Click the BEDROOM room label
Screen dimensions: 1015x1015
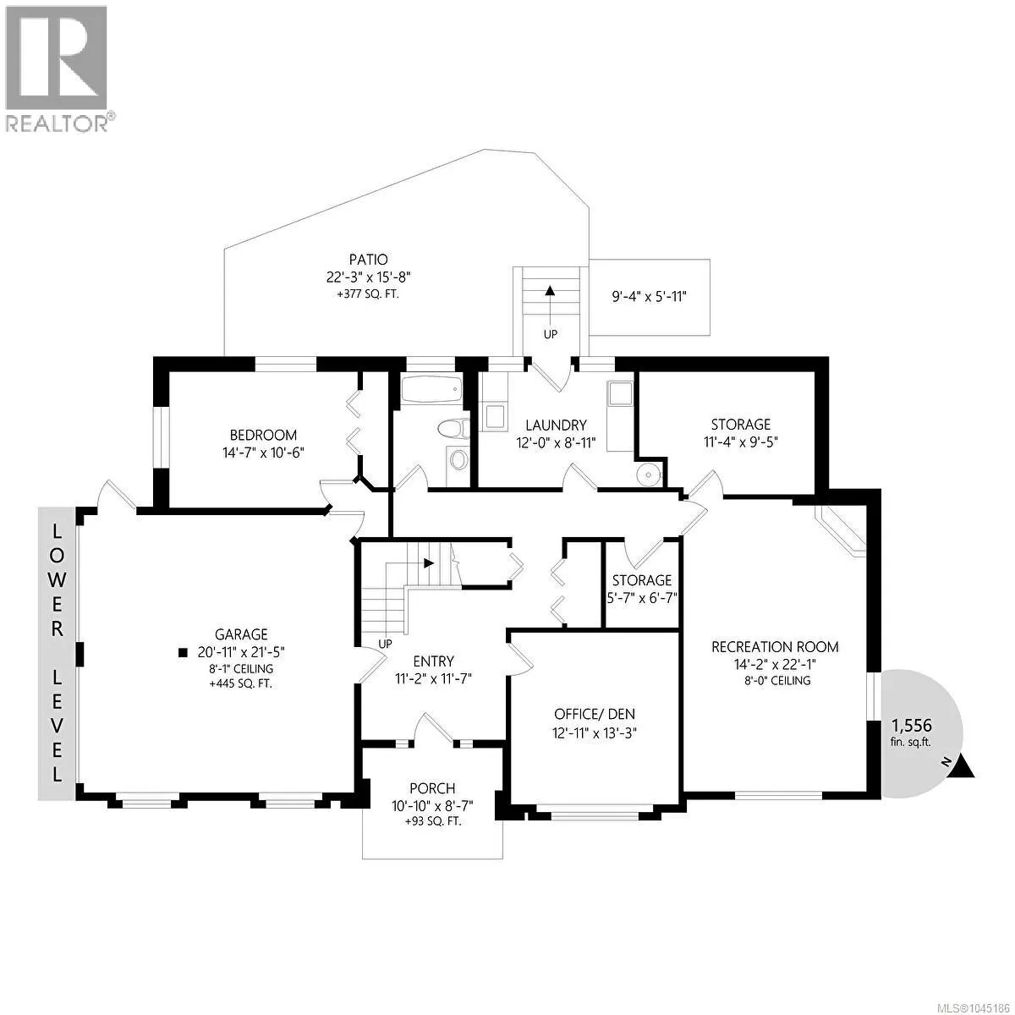pos(263,435)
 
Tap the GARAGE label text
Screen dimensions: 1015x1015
pos(241,634)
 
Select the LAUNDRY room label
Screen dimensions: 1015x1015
pos(556,425)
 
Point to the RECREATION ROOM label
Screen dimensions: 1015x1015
pos(775,646)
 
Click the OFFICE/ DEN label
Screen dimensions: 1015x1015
pos(594,714)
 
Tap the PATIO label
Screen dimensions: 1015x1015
pos(368,259)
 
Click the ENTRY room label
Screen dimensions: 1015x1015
pos(433,661)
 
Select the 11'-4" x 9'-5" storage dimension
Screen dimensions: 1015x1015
pos(741,442)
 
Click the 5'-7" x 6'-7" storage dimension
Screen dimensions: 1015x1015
pos(641,598)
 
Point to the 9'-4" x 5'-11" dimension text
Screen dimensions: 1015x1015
pos(649,297)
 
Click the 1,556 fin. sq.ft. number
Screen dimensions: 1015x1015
pos(911,725)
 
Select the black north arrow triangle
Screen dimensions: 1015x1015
pos(964,767)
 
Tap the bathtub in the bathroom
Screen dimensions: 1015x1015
pos(431,389)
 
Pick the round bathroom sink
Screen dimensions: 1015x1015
pos(458,460)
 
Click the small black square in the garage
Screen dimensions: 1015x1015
pos(183,653)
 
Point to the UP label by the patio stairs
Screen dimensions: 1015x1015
pos(550,334)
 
